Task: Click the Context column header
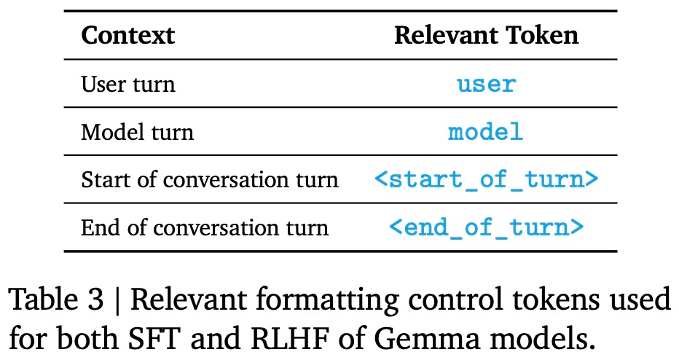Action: coord(127,35)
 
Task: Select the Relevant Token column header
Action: coord(486,35)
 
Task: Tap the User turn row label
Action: coord(128,84)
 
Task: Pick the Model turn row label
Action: coord(137,132)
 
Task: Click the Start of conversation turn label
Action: coord(210,179)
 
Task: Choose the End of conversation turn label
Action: coord(205,227)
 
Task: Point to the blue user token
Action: coord(486,85)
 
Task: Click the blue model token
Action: coord(485,132)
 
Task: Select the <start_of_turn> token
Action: coord(486,180)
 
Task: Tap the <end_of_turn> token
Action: coord(486,227)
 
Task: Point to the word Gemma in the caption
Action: coord(428,338)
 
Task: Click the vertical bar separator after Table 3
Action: coord(117,300)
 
